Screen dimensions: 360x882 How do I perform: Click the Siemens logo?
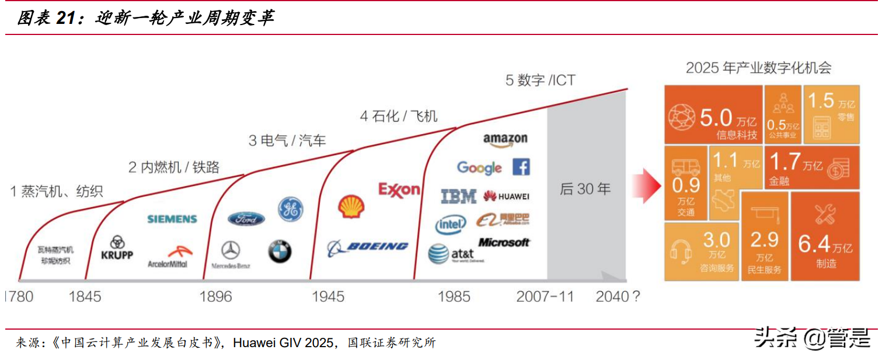pos(172,219)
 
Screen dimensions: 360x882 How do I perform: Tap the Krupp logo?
pos(117,248)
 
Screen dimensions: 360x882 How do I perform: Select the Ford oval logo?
pos(246,219)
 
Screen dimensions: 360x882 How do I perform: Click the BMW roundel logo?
pos(280,251)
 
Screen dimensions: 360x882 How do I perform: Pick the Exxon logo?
pos(399,190)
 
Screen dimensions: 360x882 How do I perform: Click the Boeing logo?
pos(368,247)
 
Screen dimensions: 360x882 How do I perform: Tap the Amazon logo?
pos(505,139)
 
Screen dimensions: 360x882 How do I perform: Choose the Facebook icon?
pos(521,167)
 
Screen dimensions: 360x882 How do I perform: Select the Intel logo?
pos(451,224)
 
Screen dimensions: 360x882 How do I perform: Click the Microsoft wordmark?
pos(504,242)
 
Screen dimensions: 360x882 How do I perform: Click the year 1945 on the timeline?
pos(328,296)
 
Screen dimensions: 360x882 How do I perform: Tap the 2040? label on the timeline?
pos(617,296)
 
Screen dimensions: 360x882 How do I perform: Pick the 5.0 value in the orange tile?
pos(716,118)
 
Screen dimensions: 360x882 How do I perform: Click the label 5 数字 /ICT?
pos(540,81)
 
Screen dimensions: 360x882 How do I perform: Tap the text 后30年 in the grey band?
pos(585,189)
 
